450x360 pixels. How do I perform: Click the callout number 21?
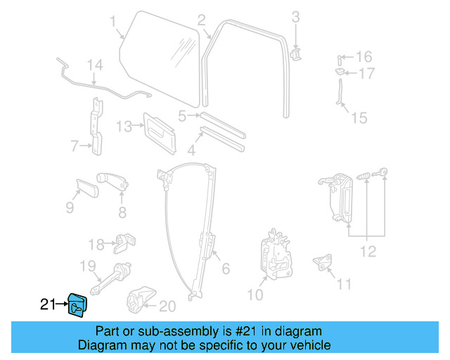pyautogui.click(x=47, y=304)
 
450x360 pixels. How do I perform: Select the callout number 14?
pyautogui.click(x=95, y=66)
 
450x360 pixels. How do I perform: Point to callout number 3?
pyautogui.click(x=295, y=16)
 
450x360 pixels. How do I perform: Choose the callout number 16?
pyautogui.click(x=363, y=56)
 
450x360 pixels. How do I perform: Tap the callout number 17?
pyautogui.click(x=366, y=73)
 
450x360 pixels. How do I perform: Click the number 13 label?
pyautogui.click(x=124, y=127)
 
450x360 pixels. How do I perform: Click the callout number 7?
pyautogui.click(x=75, y=146)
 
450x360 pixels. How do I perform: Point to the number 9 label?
pyautogui.click(x=70, y=207)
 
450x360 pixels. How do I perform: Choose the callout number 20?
pyautogui.click(x=166, y=306)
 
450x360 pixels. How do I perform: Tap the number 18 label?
pyautogui.click(x=96, y=245)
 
